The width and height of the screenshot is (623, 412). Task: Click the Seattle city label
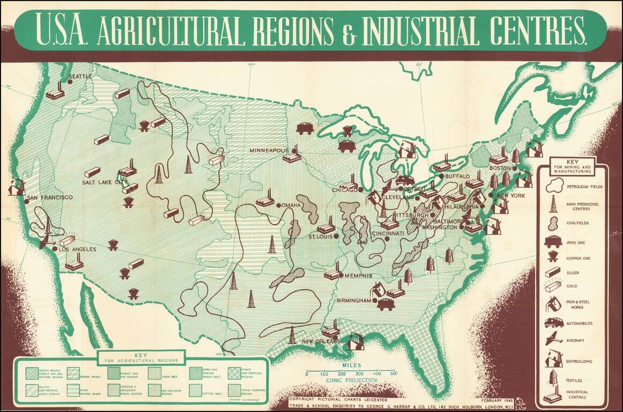click(x=80, y=76)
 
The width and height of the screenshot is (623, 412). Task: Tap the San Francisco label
click(x=50, y=197)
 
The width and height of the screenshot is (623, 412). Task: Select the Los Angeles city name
click(x=77, y=249)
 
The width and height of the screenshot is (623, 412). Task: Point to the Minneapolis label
click(x=269, y=151)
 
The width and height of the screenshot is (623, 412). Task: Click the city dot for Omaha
click(x=278, y=205)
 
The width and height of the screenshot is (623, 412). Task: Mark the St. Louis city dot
click(x=336, y=236)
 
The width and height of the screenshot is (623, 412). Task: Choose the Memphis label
click(x=358, y=276)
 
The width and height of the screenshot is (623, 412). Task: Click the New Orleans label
click(x=320, y=341)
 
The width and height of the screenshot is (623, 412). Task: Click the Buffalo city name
click(x=457, y=176)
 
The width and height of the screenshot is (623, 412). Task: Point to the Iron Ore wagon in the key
click(x=553, y=241)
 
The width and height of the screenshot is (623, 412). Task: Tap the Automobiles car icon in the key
click(x=553, y=322)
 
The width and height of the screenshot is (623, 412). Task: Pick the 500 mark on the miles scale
click(x=394, y=373)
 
